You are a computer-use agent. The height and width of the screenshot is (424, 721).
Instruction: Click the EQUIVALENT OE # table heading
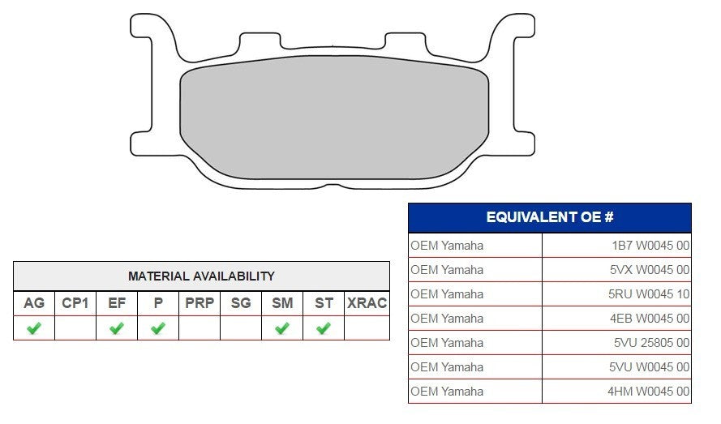(550, 217)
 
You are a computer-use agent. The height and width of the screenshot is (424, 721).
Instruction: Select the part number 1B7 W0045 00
(650, 246)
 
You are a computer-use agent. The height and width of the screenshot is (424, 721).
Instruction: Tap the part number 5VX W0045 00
(650, 270)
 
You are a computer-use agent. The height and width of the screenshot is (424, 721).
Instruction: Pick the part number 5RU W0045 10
(649, 294)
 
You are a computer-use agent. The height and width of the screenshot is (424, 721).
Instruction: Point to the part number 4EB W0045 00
(650, 319)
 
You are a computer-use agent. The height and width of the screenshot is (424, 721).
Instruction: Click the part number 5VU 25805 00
(651, 343)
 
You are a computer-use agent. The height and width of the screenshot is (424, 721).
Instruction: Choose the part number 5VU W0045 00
(650, 367)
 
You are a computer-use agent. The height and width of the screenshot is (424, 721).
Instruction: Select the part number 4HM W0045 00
(648, 392)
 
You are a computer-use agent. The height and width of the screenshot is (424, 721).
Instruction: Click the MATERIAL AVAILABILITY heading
(201, 276)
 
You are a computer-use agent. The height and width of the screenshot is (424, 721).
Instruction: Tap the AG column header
(34, 303)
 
